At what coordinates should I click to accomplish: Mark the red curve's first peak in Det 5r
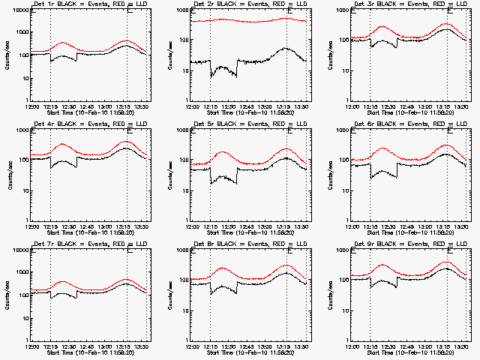tap(223, 152)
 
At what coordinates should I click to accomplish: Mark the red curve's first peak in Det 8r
tap(223, 268)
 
